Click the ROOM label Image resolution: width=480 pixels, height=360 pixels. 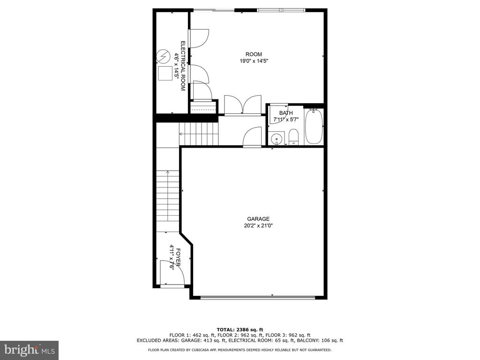254,54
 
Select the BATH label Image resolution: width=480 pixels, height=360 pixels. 286,113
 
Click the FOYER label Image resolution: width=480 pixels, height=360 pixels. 178,257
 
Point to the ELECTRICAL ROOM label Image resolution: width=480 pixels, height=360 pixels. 183,66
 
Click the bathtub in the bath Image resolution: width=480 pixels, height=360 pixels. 314,126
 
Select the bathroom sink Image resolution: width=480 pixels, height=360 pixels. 277,138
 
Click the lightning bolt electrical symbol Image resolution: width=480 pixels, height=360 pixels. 163,56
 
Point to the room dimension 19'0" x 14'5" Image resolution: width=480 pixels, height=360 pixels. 254,61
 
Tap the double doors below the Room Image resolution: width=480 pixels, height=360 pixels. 243,105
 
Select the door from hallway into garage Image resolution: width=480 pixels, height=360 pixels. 252,137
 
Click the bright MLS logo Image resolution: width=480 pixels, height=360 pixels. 30,350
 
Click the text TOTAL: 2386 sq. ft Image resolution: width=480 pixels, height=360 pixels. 240,330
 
